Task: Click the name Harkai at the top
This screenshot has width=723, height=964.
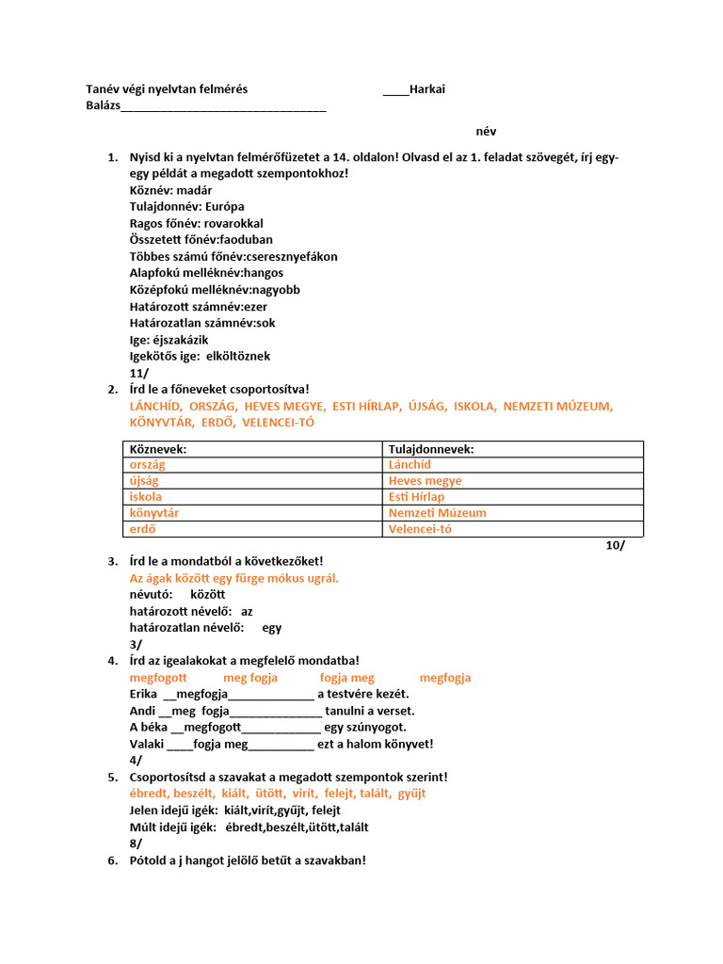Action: coord(427,88)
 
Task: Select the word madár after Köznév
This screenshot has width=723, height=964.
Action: coord(194,189)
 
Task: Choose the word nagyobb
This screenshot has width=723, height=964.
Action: coord(275,290)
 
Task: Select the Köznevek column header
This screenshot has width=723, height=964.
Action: coord(158,449)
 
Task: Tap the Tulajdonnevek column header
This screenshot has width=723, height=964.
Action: coord(431,449)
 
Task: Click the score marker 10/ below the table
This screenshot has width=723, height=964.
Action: coord(615,545)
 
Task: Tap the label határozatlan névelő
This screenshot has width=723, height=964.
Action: coord(186,627)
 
